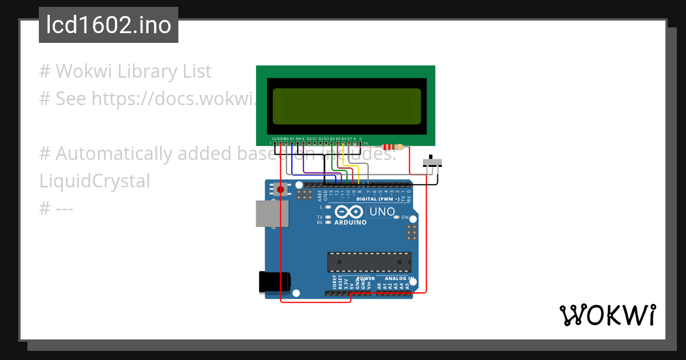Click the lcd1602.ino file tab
click(x=109, y=26)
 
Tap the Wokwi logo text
click(x=607, y=315)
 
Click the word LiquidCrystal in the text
click(x=95, y=181)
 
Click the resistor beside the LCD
click(x=392, y=147)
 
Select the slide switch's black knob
click(x=430, y=158)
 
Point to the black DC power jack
click(x=274, y=283)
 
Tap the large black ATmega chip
click(x=369, y=262)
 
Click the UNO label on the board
click(x=382, y=212)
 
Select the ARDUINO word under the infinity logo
click(x=350, y=223)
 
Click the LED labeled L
click(x=328, y=206)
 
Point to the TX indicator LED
click(x=328, y=217)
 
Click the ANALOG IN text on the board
click(x=399, y=278)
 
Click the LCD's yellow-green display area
click(x=347, y=106)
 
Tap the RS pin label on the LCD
click(x=292, y=138)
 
